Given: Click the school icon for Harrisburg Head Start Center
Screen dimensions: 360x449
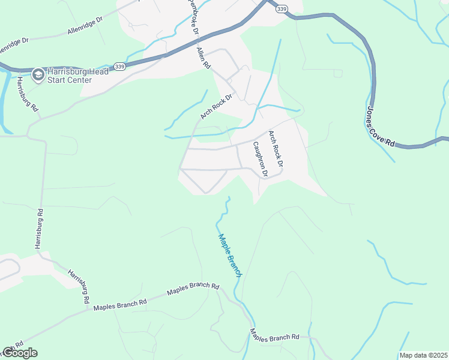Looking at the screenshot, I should click(38, 74).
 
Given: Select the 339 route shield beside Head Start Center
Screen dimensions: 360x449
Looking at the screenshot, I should click(120, 67).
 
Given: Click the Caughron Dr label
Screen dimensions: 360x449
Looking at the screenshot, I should click(259, 158).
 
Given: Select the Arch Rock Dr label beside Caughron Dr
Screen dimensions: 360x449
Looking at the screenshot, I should click(275, 148).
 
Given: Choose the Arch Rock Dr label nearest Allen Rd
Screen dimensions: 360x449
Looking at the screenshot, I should click(216, 106).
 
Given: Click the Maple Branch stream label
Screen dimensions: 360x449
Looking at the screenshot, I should click(230, 255).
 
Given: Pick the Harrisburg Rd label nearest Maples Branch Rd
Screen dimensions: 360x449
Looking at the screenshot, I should click(79, 286).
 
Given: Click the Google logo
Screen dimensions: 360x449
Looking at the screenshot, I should click(20, 353).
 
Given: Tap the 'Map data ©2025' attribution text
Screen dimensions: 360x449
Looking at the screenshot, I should click(423, 355).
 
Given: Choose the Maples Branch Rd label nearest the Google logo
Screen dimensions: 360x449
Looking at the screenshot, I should click(120, 305).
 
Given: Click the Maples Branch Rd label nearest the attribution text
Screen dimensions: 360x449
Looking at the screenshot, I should click(274, 337).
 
